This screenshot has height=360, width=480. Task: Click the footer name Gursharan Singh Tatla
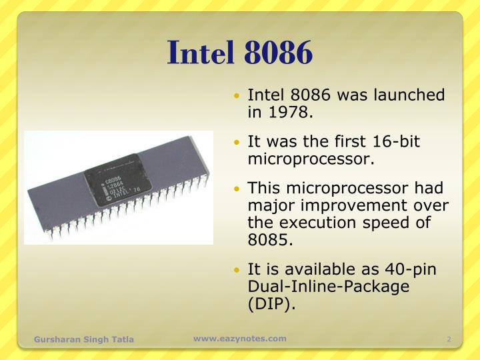[x=84, y=339]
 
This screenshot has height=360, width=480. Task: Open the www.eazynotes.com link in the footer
[x=240, y=339]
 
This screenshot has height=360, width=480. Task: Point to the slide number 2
[x=449, y=339]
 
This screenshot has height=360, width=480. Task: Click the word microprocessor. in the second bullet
[x=311, y=159]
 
